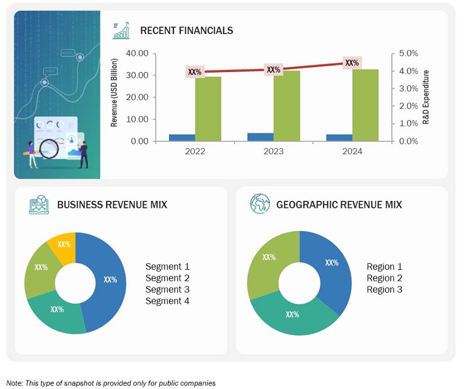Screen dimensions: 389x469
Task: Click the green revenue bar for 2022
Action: pos(208,109)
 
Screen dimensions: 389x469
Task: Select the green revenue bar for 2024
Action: pos(365,105)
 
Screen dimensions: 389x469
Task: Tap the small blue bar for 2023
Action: pos(260,137)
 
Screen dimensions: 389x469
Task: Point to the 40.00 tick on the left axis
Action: pos(137,54)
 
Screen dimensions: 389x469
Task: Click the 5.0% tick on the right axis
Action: pos(408,54)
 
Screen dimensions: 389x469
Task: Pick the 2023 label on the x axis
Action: pos(273,152)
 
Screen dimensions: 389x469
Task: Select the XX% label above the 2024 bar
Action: pos(352,63)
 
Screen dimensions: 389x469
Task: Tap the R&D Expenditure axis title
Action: pos(426,98)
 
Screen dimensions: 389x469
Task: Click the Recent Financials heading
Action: pos(186,31)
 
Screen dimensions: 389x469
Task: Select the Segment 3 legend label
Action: pos(167,289)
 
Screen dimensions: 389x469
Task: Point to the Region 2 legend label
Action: pos(384,278)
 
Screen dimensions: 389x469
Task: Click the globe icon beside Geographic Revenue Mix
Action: pos(260,204)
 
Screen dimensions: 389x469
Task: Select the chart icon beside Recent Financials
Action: pos(121,30)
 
